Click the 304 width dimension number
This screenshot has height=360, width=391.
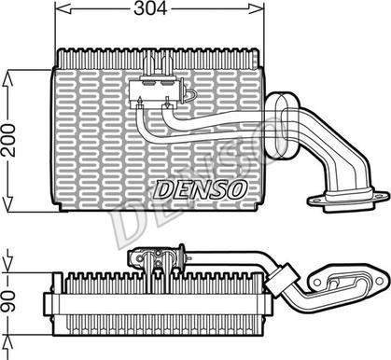coord(150,8)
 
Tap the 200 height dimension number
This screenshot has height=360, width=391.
coord(8,140)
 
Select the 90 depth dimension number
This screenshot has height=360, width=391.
coord(8,302)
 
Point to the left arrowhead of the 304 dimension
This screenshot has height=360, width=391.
coord(63,9)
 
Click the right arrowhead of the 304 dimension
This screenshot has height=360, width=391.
coord(256,9)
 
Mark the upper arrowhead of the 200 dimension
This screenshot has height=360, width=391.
coord(7,78)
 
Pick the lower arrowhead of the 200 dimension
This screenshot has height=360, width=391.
coord(7,203)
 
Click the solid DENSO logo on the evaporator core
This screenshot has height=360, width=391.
coord(201,189)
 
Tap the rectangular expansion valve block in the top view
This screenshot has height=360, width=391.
coord(154,93)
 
